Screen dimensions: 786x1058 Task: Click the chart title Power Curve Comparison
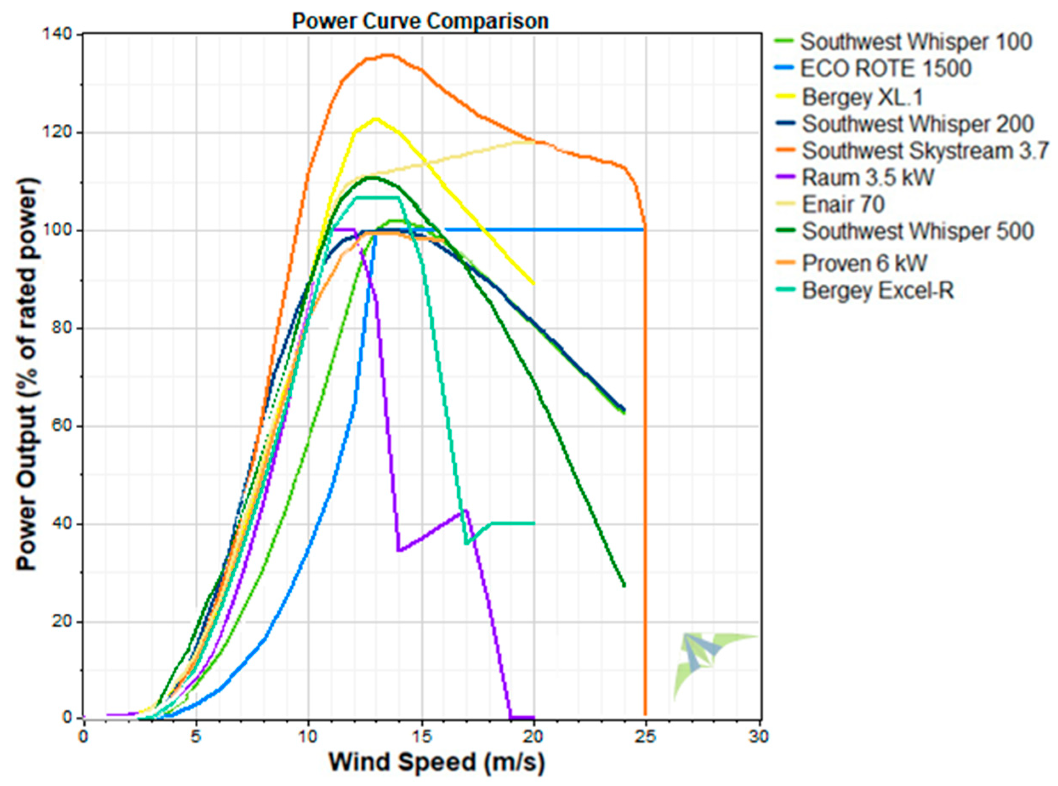[420, 21]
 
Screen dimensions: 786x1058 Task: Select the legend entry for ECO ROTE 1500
[885, 69]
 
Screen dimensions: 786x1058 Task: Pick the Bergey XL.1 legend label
[862, 97]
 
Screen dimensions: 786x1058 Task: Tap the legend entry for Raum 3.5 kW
[868, 177]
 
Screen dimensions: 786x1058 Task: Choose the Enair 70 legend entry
[843, 205]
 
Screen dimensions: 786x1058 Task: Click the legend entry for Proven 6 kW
[865, 263]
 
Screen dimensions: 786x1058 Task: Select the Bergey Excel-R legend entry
[878, 290]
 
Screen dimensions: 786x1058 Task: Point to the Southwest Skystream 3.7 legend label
[925, 151]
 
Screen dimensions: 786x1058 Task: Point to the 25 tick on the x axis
[646, 737]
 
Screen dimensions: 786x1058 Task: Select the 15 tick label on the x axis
[421, 737]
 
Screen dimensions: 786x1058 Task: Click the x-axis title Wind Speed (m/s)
[436, 762]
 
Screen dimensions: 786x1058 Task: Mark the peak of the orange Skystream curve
[388, 55]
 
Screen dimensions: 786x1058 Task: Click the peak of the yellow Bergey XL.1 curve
[376, 119]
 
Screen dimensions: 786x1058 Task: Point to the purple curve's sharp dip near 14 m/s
[398, 550]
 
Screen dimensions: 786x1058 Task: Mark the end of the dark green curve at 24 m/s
[624, 585]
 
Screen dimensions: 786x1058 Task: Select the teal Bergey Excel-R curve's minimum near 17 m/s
[466, 543]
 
